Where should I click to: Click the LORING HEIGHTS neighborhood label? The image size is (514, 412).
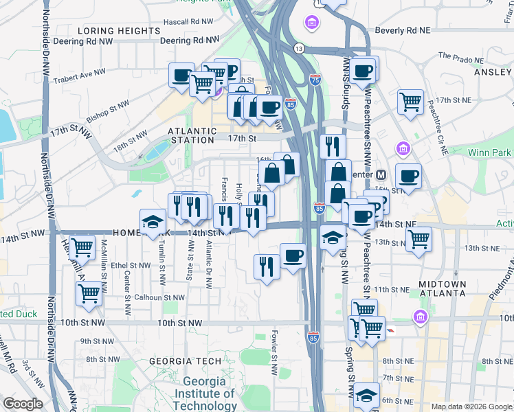[x=119, y=32]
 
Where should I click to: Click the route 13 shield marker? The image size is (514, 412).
[x=298, y=49]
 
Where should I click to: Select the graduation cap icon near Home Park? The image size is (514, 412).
[x=153, y=222]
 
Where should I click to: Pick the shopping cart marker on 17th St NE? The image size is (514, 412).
[x=410, y=102]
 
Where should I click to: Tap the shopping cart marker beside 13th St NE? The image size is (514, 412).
[x=418, y=240]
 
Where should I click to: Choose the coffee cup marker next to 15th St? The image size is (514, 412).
[x=408, y=176]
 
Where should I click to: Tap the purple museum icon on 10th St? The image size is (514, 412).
[x=419, y=317]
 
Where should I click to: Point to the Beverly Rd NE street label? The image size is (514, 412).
[x=402, y=32]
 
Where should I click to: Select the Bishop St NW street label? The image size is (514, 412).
[x=109, y=108]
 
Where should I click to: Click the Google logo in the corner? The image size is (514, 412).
[x=22, y=404]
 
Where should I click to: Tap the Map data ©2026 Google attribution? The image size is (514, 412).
[x=471, y=407]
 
